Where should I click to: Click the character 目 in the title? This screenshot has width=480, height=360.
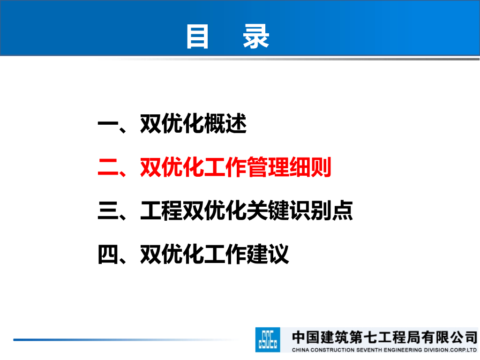click(197, 37)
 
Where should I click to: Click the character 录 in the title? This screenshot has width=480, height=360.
click(256, 37)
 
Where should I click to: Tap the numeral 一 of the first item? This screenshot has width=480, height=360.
click(108, 124)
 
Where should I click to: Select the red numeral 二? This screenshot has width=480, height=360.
click(108, 167)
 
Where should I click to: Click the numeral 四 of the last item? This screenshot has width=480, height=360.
click(108, 254)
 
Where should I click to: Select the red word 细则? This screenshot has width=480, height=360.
click(310, 167)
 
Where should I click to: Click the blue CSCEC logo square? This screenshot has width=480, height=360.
click(268, 340)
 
